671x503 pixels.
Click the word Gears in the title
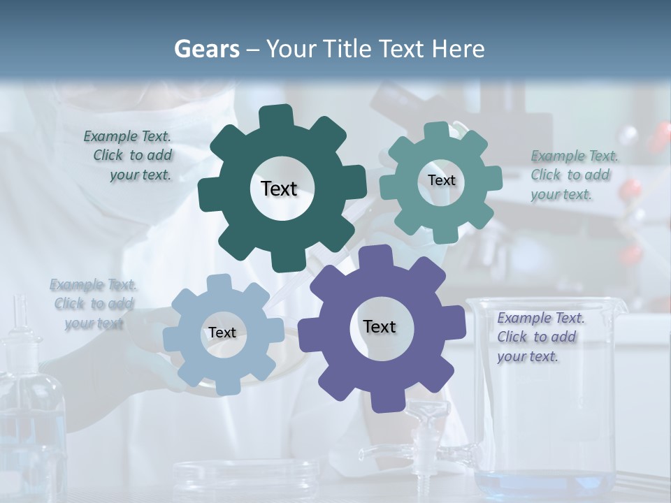(206, 49)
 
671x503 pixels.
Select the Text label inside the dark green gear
(279, 189)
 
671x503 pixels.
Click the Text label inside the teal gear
(441, 180)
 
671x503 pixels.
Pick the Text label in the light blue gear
(222, 333)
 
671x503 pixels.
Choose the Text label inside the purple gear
(380, 326)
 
